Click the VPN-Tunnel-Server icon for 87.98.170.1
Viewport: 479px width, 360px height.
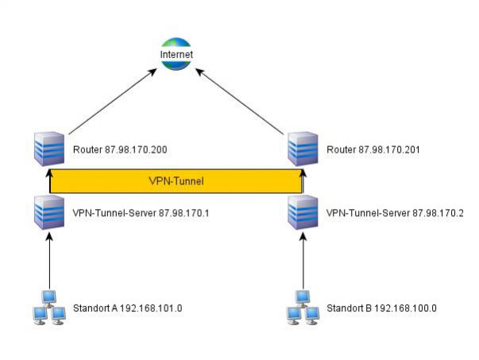click(49, 212)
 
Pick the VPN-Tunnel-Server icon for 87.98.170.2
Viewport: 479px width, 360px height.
click(303, 212)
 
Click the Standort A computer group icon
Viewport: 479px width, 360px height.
click(48, 308)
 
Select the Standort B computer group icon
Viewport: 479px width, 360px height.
click(303, 308)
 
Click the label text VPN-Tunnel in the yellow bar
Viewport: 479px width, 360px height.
click(176, 180)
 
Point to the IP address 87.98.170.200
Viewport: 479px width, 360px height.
click(136, 149)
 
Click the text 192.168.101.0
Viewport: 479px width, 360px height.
click(153, 308)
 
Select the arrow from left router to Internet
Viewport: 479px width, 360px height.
click(110, 102)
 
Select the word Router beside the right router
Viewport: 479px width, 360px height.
click(341, 149)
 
